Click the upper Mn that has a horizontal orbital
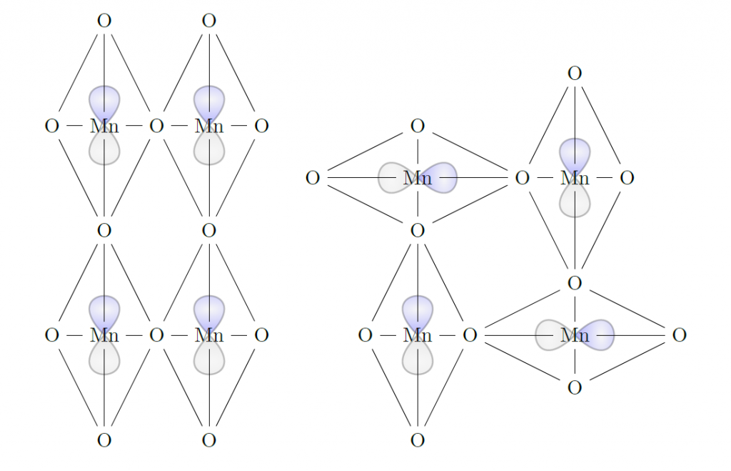[417, 178]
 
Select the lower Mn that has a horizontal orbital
[575, 335]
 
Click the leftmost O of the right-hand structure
[313, 178]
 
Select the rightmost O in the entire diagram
[680, 335]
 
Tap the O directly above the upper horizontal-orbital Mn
[417, 126]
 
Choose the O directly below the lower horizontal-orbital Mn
[575, 387]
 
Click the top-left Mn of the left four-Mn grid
[104, 126]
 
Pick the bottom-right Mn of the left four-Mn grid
[209, 335]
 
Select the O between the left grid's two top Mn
[156, 126]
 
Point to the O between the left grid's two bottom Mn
[156, 335]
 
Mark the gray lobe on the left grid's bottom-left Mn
[104, 358]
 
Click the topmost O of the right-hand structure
[575, 74]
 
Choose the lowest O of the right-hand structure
[417, 440]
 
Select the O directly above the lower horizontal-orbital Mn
[575, 283]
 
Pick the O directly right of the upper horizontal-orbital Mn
[522, 178]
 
